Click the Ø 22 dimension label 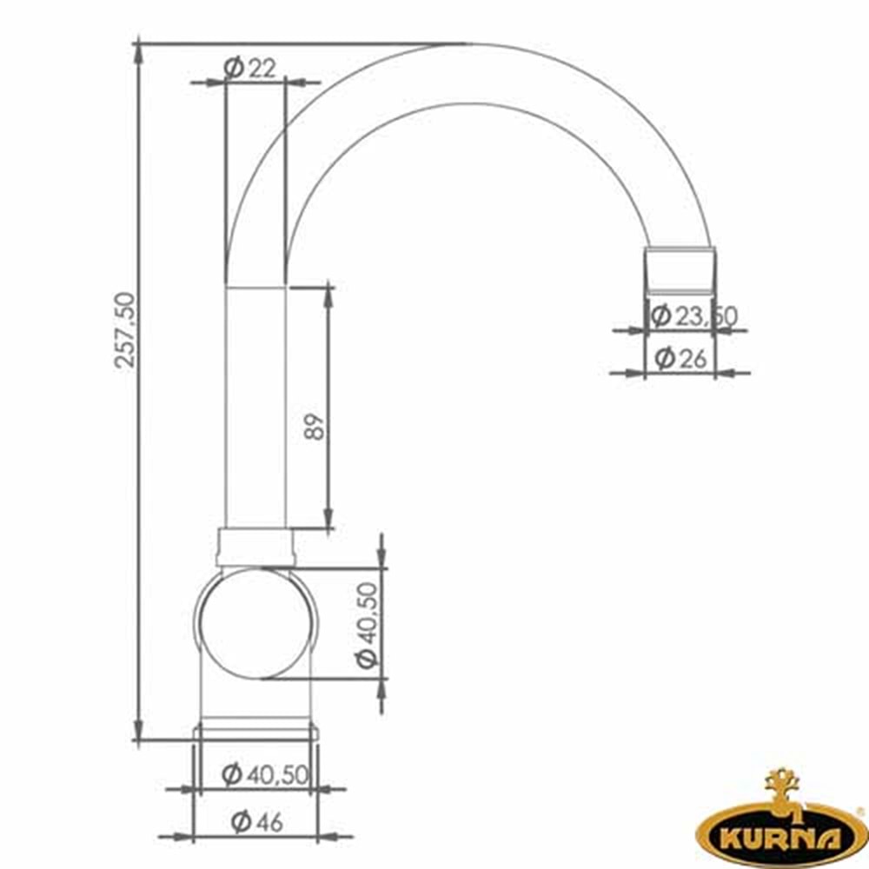[250, 68]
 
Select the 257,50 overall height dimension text [124, 330]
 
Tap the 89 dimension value [315, 426]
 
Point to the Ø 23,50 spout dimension [693, 316]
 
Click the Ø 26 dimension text [680, 359]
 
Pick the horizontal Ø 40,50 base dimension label [264, 774]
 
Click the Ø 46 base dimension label [256, 821]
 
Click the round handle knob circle [255, 623]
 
